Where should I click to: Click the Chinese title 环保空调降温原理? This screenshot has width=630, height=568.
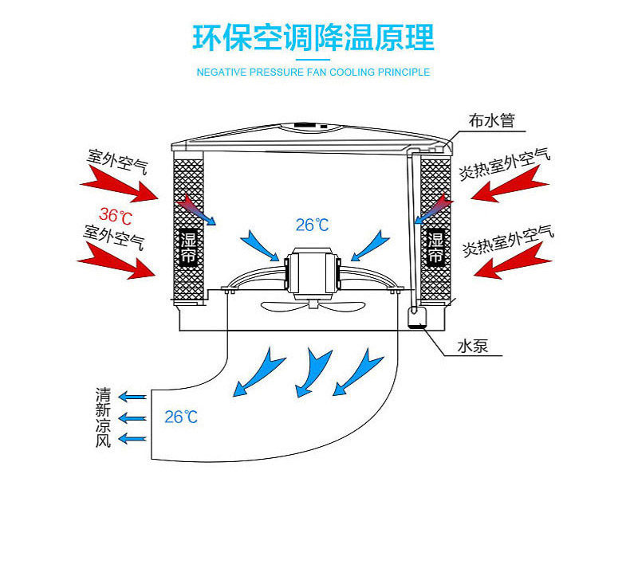point(313,37)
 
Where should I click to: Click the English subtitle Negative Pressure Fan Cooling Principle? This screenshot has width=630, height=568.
point(313,72)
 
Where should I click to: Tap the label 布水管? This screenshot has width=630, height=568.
point(492,121)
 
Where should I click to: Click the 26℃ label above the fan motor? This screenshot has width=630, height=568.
point(312,225)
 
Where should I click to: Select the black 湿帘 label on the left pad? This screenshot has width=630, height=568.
point(188,249)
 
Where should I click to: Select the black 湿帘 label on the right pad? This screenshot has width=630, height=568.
point(435,248)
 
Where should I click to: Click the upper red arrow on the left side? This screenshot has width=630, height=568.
point(120,186)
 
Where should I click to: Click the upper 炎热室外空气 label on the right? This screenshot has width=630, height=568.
point(504,164)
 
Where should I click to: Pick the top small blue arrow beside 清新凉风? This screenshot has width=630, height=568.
point(133,397)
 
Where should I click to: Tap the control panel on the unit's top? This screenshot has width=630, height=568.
point(309,124)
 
